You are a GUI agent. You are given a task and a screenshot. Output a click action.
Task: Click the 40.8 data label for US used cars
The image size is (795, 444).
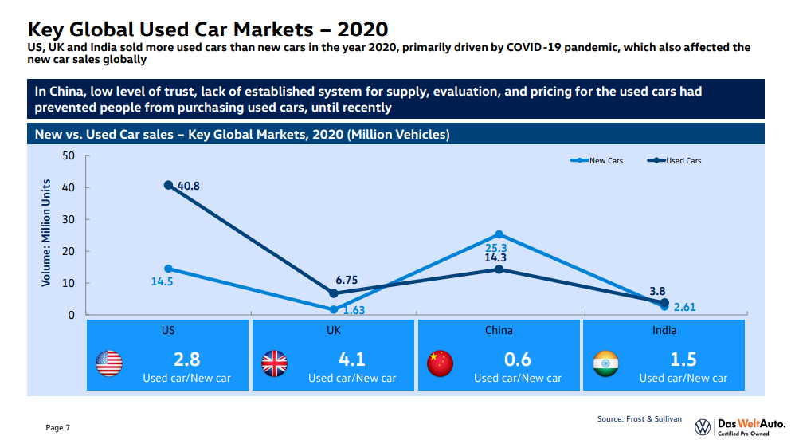(189, 187)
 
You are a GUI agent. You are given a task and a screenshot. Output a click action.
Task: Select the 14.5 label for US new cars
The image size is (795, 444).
(162, 281)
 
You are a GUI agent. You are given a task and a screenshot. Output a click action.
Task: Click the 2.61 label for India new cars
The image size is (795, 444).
(685, 308)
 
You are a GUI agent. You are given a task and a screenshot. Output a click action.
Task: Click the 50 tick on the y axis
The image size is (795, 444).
(68, 155)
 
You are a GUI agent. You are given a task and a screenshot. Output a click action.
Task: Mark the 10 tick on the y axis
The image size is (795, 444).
(68, 283)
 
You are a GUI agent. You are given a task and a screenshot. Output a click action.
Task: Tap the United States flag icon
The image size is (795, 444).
(109, 363)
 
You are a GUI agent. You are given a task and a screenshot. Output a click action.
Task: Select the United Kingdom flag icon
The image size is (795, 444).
(274, 363)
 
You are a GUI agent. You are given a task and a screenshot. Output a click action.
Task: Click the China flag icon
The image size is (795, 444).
(440, 363)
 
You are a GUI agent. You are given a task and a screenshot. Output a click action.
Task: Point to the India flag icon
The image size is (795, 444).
(605, 363)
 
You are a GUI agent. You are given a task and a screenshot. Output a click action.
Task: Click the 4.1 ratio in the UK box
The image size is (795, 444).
(351, 359)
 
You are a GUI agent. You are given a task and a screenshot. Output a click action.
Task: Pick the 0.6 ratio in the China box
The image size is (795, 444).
(517, 359)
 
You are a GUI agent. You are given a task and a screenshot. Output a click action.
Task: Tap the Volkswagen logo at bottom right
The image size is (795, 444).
(703, 426)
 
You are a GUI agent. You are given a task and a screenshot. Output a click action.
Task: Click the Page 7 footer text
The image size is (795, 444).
(58, 428)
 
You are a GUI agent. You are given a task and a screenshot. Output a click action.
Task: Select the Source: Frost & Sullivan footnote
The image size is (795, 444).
(640, 418)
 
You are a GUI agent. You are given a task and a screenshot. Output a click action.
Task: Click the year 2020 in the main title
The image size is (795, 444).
(362, 29)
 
